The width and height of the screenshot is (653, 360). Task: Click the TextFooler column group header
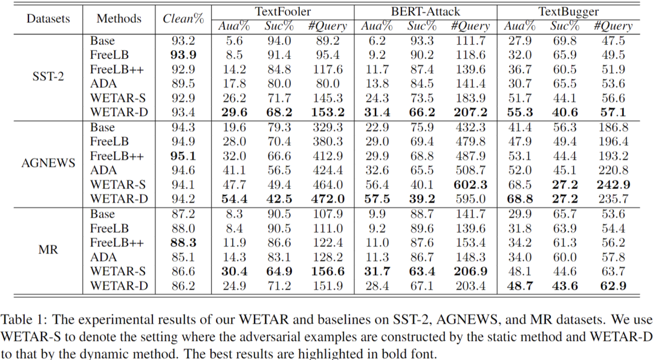tap(282, 11)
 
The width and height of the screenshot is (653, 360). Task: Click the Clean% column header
tap(183, 18)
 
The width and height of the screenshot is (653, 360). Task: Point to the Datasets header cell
tap(47, 18)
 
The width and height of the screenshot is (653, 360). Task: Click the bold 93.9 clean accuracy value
tap(183, 55)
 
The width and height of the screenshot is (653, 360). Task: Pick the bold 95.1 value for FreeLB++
tap(183, 156)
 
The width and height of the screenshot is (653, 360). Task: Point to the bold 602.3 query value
tap(470, 185)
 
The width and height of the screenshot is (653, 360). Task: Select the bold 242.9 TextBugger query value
tap(613, 185)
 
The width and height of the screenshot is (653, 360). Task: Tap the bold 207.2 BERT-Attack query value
tap(470, 113)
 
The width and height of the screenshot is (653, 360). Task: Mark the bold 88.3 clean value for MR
tap(183, 243)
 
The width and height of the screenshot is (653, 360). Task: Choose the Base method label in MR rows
tap(102, 214)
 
